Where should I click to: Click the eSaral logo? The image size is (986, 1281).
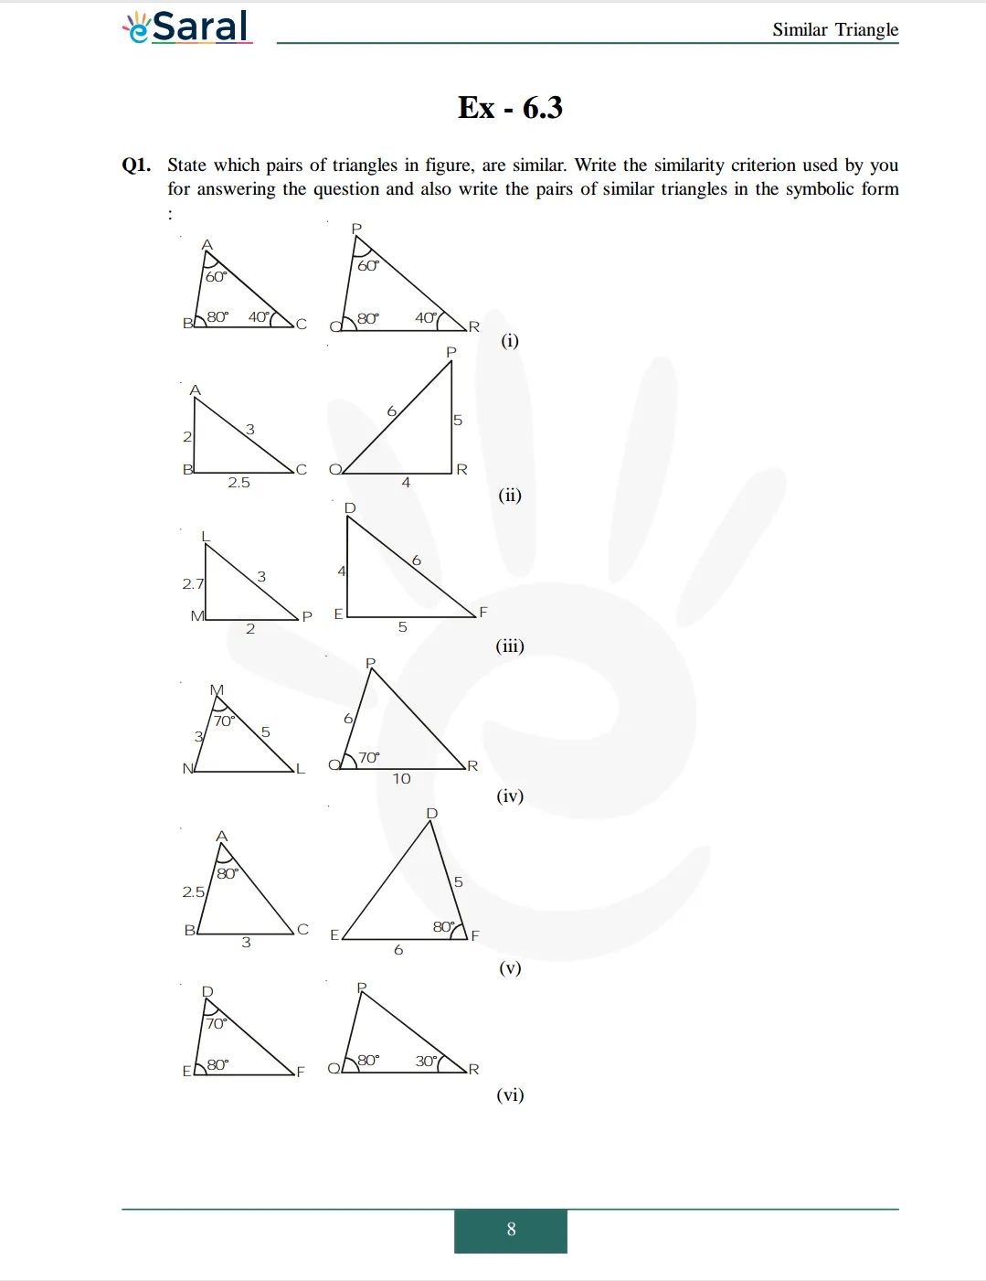click(x=186, y=27)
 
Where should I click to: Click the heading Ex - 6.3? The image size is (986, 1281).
click(x=510, y=108)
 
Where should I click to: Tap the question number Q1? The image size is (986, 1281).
click(x=136, y=165)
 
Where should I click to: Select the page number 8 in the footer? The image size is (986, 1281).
click(x=511, y=1230)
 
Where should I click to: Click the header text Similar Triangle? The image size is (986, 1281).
click(x=834, y=29)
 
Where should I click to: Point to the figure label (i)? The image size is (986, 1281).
click(x=510, y=341)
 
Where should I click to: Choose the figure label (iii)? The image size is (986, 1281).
click(x=510, y=646)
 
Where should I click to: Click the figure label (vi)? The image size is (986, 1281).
click(x=510, y=1094)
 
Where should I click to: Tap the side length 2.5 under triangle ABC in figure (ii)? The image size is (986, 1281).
click(x=239, y=483)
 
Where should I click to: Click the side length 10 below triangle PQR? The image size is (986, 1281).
click(x=401, y=779)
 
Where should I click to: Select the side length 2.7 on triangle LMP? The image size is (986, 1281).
click(x=193, y=583)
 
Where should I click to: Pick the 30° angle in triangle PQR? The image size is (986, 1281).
click(x=427, y=1061)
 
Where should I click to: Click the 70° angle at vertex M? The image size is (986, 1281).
click(x=224, y=721)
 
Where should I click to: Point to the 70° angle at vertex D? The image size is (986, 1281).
click(x=216, y=1023)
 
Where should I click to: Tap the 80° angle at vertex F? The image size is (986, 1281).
click(x=444, y=926)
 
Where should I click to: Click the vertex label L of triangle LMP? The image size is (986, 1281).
click(x=206, y=537)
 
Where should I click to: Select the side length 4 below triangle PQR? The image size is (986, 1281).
click(x=406, y=483)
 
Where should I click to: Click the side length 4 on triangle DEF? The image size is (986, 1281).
click(x=342, y=571)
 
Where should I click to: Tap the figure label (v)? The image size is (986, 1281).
click(x=510, y=967)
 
